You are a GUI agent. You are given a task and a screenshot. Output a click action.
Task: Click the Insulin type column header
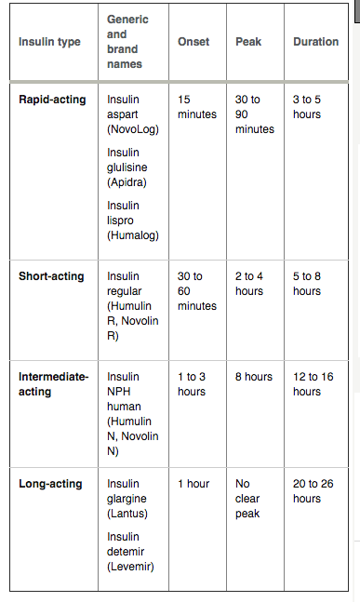click(x=50, y=42)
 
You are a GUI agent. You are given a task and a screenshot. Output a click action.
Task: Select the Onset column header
click(x=193, y=42)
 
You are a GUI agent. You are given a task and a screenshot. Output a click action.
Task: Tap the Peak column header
click(x=248, y=42)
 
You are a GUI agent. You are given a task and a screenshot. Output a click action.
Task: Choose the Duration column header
click(x=315, y=42)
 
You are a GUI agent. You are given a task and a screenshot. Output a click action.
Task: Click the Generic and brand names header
click(x=127, y=42)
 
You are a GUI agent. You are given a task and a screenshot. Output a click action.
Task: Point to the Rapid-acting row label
click(x=52, y=99)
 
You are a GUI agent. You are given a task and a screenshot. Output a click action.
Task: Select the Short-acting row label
click(x=51, y=276)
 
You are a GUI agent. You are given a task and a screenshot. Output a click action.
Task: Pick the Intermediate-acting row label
click(x=53, y=384)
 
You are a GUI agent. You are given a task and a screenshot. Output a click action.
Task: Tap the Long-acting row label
click(x=50, y=484)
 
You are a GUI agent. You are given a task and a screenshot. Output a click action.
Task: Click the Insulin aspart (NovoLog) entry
click(x=133, y=114)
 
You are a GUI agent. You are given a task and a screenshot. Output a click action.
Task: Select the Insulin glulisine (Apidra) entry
click(x=127, y=167)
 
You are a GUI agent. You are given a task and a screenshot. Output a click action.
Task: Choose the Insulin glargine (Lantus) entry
click(x=129, y=499)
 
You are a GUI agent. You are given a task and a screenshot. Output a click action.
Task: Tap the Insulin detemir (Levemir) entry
click(x=131, y=552)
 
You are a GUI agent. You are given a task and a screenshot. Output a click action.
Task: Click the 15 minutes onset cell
click(x=196, y=106)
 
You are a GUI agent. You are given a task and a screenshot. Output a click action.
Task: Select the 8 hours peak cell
click(x=254, y=377)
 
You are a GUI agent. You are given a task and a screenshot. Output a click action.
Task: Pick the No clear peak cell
click(x=247, y=499)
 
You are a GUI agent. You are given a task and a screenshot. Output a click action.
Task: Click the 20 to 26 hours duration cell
click(x=313, y=491)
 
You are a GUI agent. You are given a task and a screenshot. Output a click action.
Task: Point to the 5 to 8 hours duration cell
click(x=307, y=284)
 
